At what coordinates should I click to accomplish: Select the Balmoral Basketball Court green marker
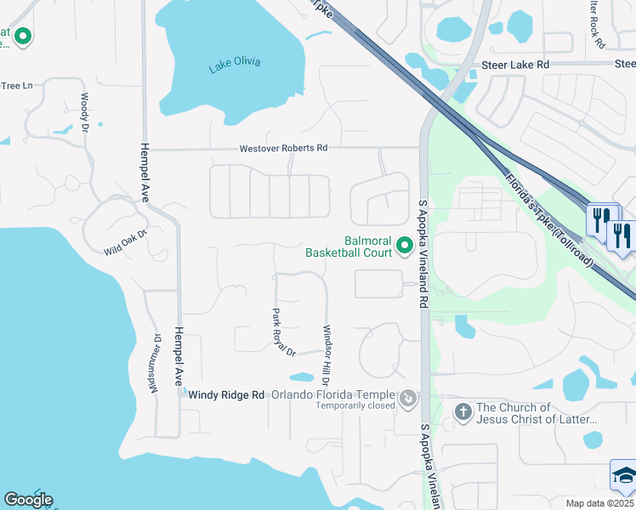click(x=406, y=246)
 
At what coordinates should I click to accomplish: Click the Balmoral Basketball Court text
click(x=349, y=246)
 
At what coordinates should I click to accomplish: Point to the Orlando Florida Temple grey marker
click(x=409, y=397)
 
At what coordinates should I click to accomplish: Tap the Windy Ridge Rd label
click(x=227, y=395)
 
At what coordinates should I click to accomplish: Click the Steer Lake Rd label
click(x=515, y=65)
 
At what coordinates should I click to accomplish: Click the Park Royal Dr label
click(x=283, y=332)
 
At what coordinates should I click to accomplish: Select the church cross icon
click(x=463, y=413)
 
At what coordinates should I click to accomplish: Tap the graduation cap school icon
click(x=624, y=476)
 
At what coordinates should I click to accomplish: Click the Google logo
click(x=28, y=500)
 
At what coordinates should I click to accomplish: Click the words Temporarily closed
click(x=355, y=406)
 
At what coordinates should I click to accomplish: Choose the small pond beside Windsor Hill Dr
click(x=301, y=377)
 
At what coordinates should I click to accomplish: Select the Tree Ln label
click(x=16, y=86)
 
